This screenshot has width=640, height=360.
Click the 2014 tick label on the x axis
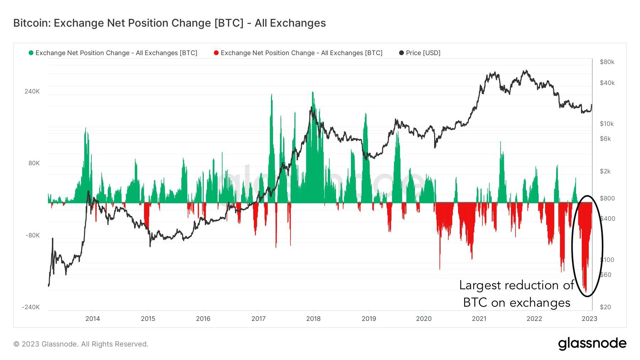(x=92, y=318)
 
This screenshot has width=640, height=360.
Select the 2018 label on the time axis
(x=313, y=318)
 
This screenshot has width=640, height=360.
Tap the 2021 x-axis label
(x=479, y=318)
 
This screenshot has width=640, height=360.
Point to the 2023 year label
(x=589, y=318)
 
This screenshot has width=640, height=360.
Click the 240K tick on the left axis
(x=32, y=91)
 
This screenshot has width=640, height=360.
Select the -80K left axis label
(x=32, y=235)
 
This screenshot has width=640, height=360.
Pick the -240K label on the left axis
(x=31, y=307)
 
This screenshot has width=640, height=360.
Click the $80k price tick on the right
(x=607, y=62)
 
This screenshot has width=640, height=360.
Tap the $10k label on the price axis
(x=607, y=124)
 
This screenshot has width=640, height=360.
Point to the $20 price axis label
(x=605, y=307)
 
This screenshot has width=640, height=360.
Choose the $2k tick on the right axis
(x=605, y=171)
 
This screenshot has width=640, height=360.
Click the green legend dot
(x=31, y=53)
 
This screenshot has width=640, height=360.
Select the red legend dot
(x=216, y=53)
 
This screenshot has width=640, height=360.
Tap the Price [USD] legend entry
(x=423, y=53)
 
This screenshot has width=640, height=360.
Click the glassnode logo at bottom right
(x=592, y=344)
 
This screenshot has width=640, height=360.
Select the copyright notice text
(x=81, y=344)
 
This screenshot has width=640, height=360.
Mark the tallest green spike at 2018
(x=313, y=93)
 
